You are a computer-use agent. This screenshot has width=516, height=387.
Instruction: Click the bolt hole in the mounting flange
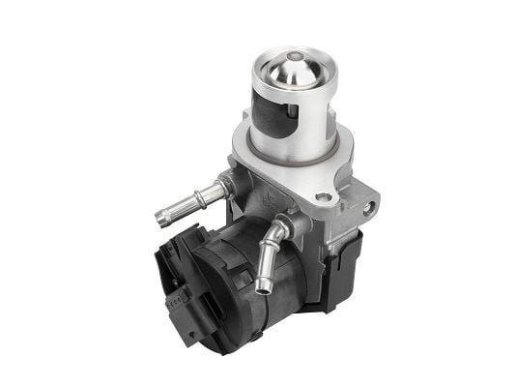coord(324,200)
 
